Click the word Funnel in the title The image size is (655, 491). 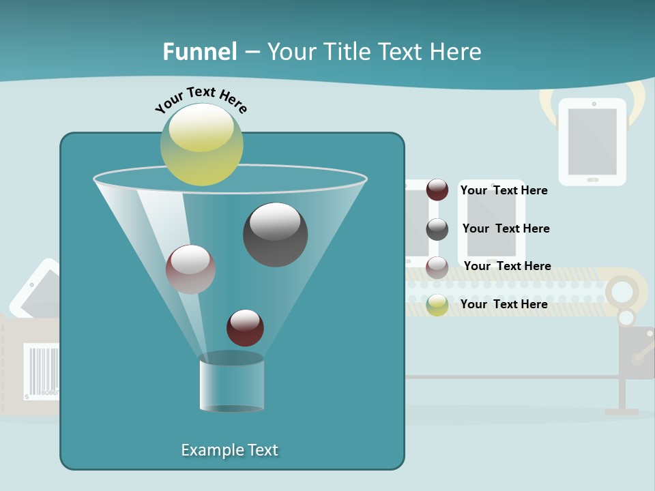coord(199,52)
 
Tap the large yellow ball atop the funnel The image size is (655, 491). coord(201,144)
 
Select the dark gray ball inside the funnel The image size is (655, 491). coord(275,234)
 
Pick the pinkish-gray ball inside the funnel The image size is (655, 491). coord(190,269)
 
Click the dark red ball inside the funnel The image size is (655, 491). coord(245,327)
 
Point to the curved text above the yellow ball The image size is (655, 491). coord(201,99)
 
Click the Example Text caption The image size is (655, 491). coord(229,450)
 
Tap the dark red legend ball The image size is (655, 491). coord(437,190)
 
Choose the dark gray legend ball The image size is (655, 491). coord(437,229)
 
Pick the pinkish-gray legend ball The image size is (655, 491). coord(437,267)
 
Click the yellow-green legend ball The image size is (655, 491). coord(437,305)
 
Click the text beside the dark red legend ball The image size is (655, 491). coord(504,190)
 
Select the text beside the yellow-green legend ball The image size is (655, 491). coord(504,304)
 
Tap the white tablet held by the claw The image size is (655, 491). coord(592,142)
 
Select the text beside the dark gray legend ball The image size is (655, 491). coord(506,228)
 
